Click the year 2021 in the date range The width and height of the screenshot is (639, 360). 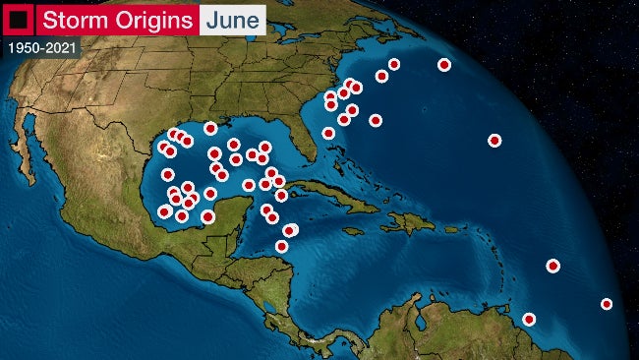coord(59,47)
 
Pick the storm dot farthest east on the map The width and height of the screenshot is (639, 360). coord(607,304)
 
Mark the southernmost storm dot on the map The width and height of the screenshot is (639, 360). coord(529,319)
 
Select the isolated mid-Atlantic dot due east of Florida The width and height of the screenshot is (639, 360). coord(494,140)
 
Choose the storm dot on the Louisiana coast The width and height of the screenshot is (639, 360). coord(210,128)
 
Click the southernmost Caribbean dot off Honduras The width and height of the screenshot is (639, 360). coord(281,246)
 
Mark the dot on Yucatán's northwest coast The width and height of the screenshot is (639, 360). coord(207,216)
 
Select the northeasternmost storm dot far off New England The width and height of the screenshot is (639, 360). coord(444,65)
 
